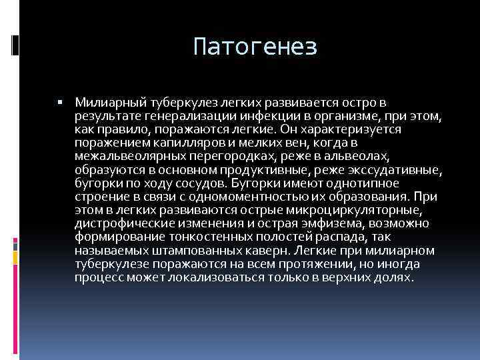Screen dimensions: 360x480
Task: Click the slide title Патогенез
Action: (x=255, y=47)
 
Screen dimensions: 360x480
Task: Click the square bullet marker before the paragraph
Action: (x=60, y=103)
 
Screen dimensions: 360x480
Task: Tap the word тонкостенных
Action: (x=193, y=237)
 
